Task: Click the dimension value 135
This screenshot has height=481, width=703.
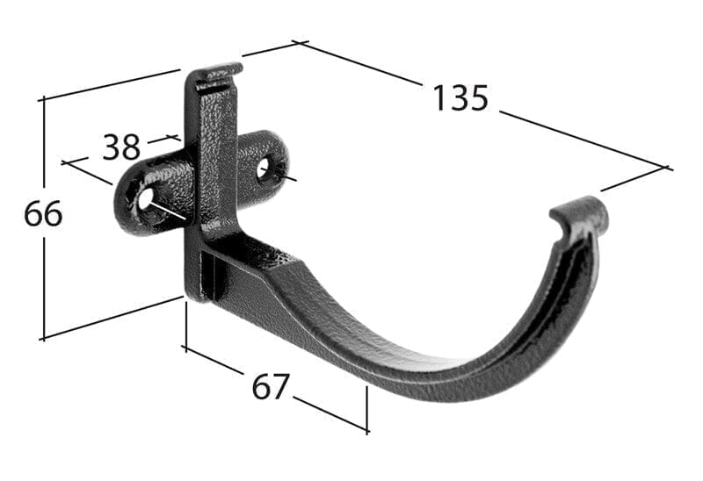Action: [x=460, y=97]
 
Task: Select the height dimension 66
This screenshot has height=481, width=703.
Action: [x=43, y=213]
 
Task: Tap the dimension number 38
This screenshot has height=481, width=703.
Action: [x=121, y=147]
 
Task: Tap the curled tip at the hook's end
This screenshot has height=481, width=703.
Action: [x=580, y=215]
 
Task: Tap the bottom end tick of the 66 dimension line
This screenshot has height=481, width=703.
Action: [x=43, y=337]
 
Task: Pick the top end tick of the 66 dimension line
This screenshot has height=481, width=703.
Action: [x=43, y=99]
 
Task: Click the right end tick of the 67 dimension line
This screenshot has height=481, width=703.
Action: [x=366, y=429]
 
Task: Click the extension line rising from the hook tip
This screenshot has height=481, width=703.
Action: [x=633, y=179]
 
